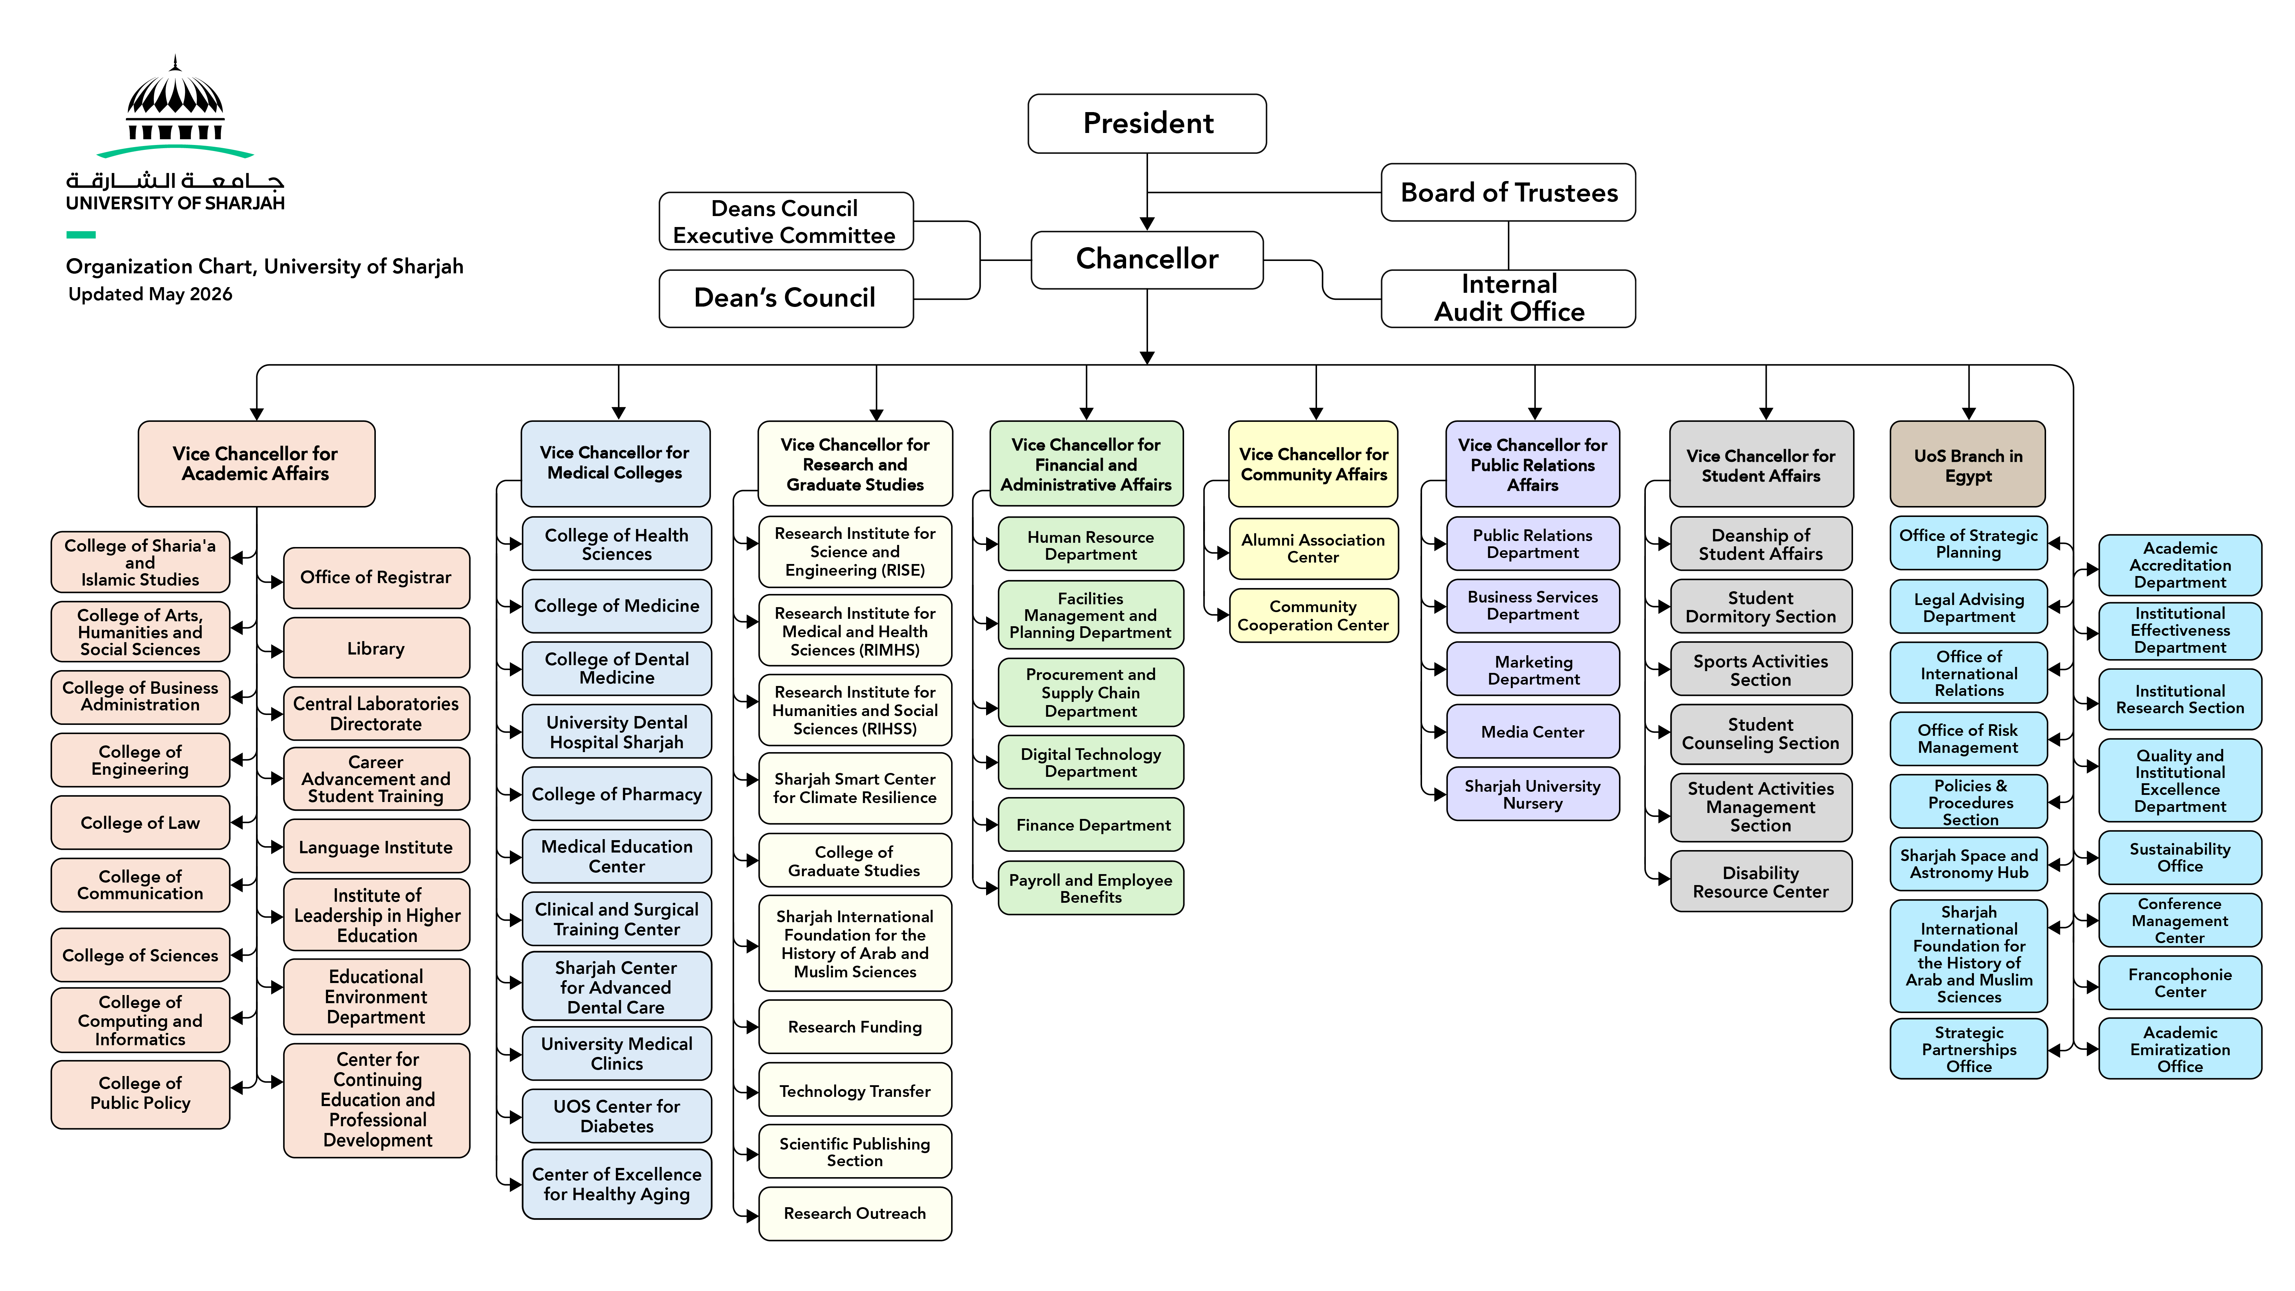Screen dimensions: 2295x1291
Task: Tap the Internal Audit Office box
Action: coord(1508,298)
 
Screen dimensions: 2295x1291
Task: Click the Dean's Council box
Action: coord(786,298)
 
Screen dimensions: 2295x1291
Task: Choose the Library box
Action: coord(376,648)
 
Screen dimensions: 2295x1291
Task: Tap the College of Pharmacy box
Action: coord(617,794)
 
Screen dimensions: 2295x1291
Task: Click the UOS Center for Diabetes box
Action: coord(617,1116)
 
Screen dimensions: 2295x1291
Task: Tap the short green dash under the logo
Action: coord(81,235)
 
